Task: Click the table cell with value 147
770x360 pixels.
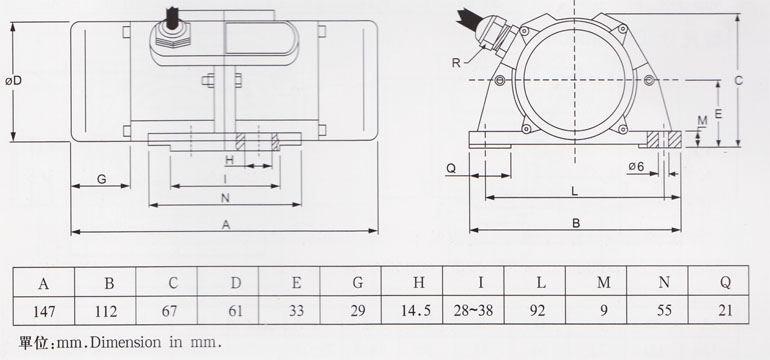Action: (x=43, y=311)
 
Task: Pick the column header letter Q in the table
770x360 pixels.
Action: (x=725, y=283)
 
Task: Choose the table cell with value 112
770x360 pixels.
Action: (x=107, y=311)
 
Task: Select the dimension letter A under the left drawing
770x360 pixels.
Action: (x=226, y=226)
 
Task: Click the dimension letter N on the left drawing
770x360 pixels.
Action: (x=226, y=197)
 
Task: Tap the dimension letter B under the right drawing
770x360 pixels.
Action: (x=575, y=224)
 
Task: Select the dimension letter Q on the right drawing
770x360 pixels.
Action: (x=451, y=168)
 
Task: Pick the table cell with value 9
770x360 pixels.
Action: (x=603, y=311)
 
